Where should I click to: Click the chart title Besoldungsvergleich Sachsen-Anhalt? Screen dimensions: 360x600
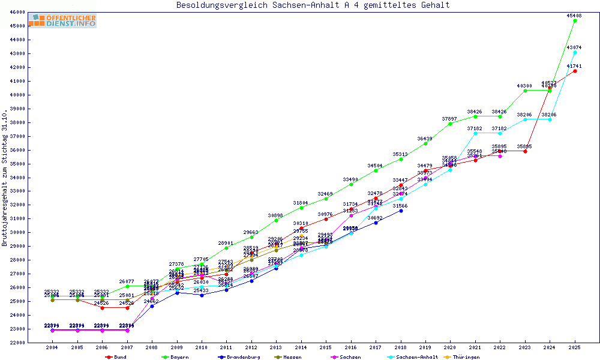coord(313,5)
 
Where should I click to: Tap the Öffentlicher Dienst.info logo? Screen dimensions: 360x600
coord(62,21)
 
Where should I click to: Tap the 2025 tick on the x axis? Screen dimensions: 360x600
coord(575,347)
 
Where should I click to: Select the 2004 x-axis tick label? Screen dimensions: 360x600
coord(52,347)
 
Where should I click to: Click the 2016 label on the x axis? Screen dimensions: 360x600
coord(351,347)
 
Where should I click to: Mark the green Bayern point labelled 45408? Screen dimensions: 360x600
coord(575,20)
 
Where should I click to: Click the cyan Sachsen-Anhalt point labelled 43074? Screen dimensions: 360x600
coord(575,52)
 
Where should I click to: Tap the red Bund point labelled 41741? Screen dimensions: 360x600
coord(575,71)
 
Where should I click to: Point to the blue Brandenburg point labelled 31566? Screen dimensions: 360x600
coord(401,211)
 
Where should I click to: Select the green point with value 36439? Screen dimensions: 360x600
coord(425,143)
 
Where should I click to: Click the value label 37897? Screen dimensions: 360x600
coord(449,119)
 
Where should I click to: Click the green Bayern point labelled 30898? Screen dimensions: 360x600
coord(276,220)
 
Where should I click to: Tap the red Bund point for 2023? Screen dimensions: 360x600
coord(525,151)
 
